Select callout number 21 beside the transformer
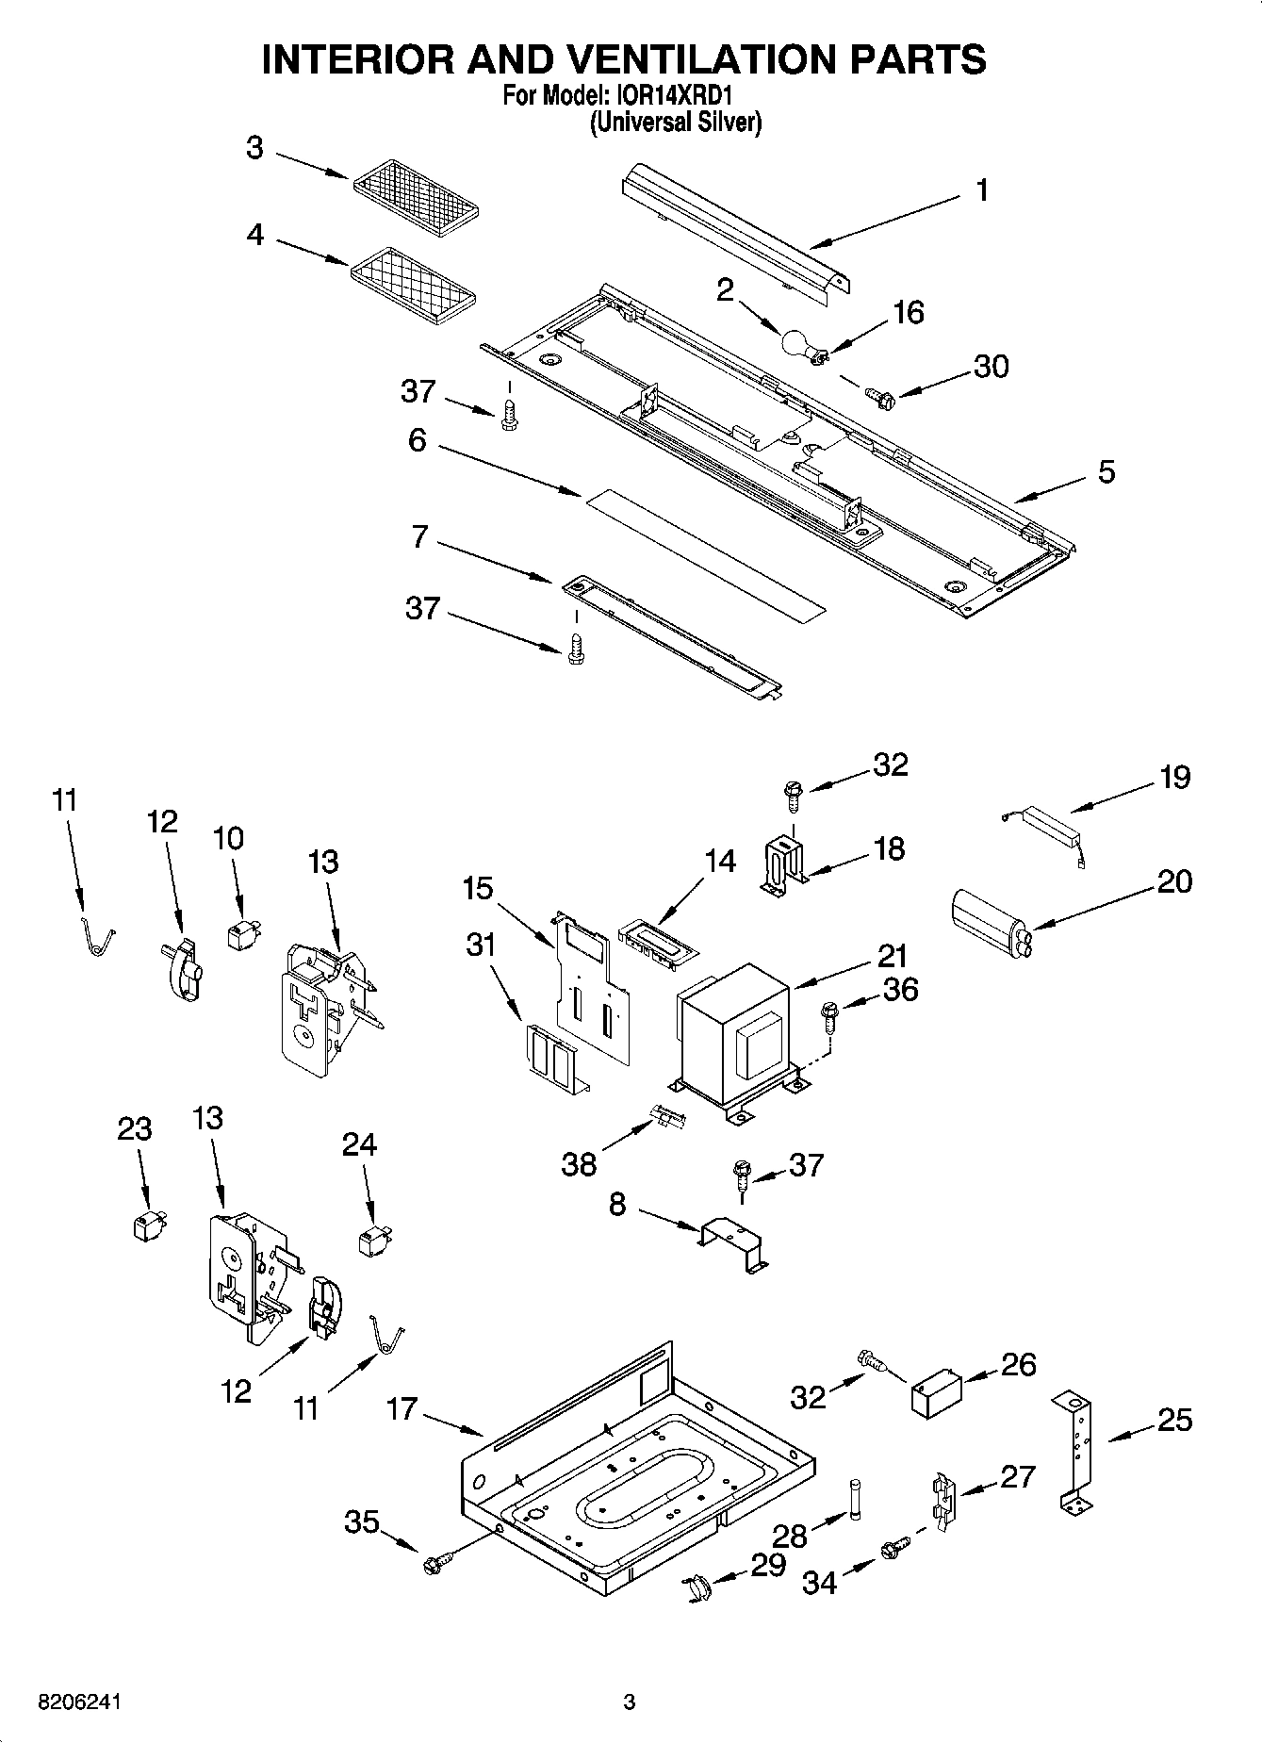[892, 957]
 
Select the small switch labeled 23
[145, 1225]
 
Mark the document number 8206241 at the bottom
[80, 1702]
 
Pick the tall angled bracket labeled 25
[1078, 1453]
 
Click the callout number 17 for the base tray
[402, 1409]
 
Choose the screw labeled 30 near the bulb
[881, 400]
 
